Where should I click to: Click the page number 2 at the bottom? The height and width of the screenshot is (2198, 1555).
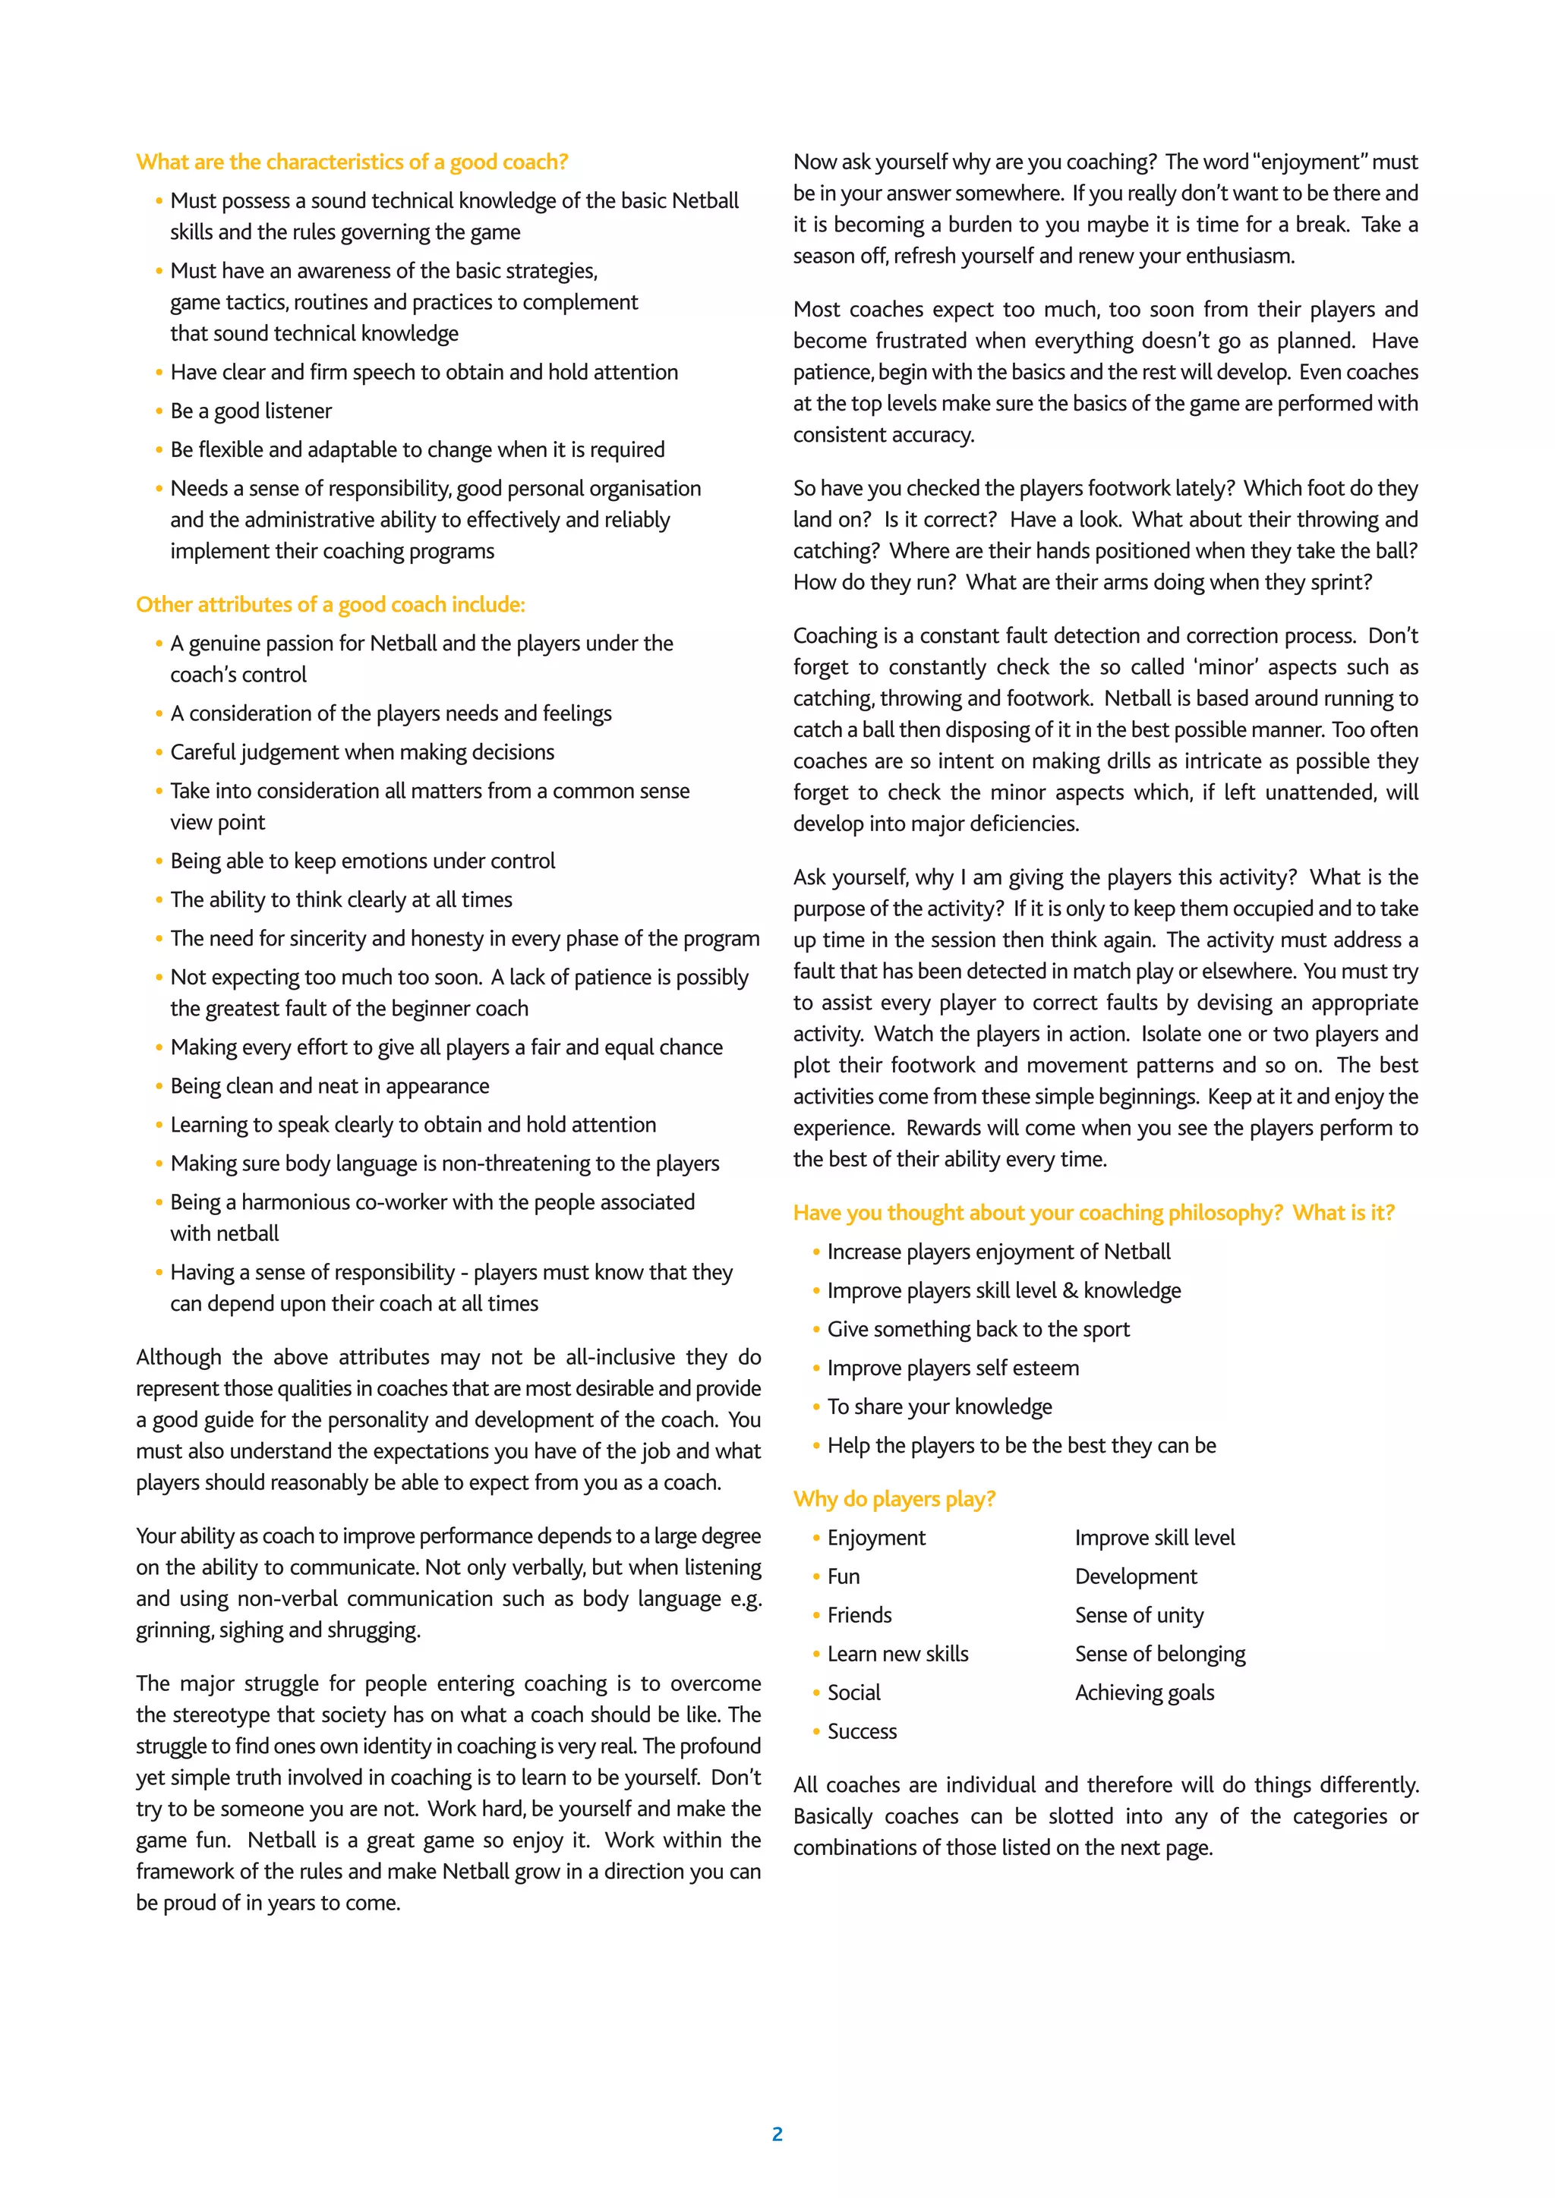point(777,2133)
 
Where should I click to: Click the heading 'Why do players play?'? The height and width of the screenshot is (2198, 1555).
point(894,1499)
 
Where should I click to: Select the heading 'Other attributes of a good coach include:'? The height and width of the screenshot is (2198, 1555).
point(330,605)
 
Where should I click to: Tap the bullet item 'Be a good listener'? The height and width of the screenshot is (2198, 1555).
point(251,411)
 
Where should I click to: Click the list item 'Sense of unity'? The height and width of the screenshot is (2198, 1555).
point(1138,1616)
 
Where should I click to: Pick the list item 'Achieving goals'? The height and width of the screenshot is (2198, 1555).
point(1143,1693)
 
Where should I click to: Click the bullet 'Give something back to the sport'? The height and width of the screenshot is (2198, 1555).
point(978,1330)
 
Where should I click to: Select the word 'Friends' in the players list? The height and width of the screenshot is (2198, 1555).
point(859,1616)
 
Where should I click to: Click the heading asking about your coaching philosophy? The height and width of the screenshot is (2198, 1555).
point(1093,1213)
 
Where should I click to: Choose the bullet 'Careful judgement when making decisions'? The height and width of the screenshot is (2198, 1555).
point(362,752)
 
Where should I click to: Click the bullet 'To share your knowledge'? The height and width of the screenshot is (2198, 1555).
point(939,1407)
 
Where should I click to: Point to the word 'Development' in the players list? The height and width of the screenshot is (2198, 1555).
point(1136,1576)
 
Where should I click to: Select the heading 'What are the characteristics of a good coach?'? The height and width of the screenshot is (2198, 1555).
point(352,162)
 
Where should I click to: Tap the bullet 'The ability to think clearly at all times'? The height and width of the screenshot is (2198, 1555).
point(341,900)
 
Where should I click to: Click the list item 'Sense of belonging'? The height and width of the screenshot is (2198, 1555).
point(1159,1655)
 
